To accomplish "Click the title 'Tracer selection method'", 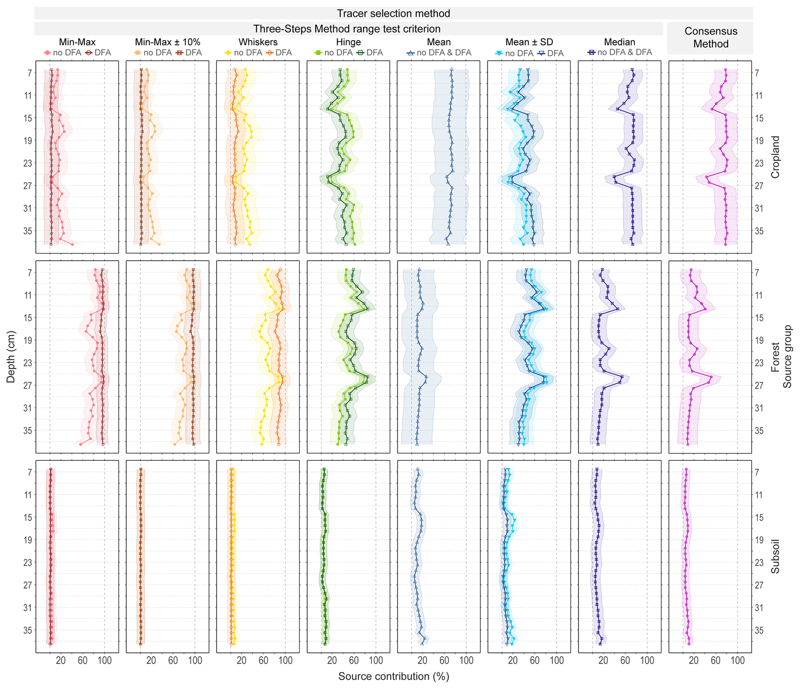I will tap(393, 14).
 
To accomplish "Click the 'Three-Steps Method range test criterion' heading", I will tap(347, 29).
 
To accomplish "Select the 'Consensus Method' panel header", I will tap(711, 38).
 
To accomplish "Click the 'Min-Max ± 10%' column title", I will tap(168, 42).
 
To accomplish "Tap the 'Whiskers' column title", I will tap(258, 42).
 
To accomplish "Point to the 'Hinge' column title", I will tap(348, 42).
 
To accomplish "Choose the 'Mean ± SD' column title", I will tap(529, 42).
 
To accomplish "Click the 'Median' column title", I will tap(619, 42).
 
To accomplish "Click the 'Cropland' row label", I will tap(775, 157).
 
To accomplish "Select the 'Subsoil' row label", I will tap(775, 556).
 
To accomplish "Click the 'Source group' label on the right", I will tap(787, 356).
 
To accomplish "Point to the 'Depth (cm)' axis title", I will tap(11, 357).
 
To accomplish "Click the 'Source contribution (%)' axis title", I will tap(393, 676).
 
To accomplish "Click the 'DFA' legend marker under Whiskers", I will tap(270, 53).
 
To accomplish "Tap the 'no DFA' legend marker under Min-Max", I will tap(48, 53).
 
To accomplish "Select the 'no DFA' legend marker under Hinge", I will tap(319, 53).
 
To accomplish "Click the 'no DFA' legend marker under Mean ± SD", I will tap(499, 53).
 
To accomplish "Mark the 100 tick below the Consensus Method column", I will tap(737, 660).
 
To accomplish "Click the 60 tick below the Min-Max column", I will tap(82, 660).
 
